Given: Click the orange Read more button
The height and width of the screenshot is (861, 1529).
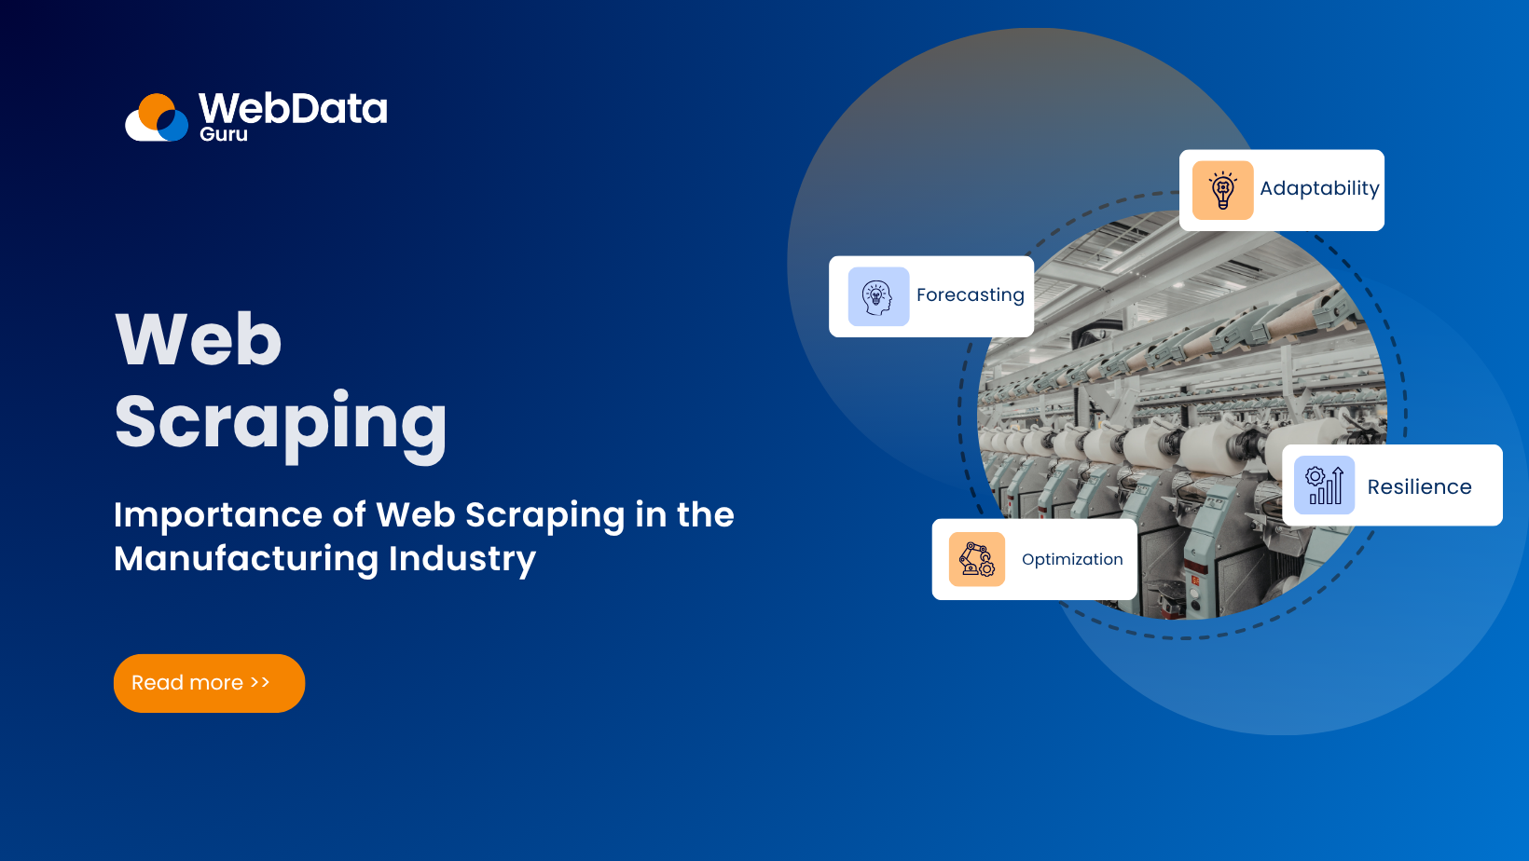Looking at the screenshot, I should (209, 683).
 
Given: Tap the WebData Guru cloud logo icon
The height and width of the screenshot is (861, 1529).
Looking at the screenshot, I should (158, 118).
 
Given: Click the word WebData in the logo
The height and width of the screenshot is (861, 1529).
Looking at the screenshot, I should (293, 108).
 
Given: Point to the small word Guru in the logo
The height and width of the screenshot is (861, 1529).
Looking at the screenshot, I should (224, 134).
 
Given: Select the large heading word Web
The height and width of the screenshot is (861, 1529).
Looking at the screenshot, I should (198, 339).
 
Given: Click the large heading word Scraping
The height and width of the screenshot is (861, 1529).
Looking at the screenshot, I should (281, 422).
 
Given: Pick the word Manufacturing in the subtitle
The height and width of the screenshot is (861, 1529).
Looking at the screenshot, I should (246, 559).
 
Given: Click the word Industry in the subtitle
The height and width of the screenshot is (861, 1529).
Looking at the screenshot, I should (461, 559).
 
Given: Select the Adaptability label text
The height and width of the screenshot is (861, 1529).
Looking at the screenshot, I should (1319, 188).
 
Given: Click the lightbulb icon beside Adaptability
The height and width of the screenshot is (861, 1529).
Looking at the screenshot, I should (1222, 190).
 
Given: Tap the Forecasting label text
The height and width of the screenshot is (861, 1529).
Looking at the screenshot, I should (970, 295).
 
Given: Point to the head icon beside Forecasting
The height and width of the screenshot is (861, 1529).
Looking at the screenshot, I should (878, 297).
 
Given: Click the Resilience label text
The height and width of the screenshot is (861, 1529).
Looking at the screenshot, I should (1419, 486).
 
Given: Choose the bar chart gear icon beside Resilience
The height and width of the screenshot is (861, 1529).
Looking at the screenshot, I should (1324, 485).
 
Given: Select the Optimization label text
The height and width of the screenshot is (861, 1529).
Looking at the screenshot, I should (1072, 559).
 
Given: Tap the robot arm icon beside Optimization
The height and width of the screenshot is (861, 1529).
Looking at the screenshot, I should (976, 559).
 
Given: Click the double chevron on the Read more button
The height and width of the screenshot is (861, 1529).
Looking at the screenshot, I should (260, 683).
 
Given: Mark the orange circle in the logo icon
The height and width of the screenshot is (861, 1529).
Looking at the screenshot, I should (154, 108).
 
